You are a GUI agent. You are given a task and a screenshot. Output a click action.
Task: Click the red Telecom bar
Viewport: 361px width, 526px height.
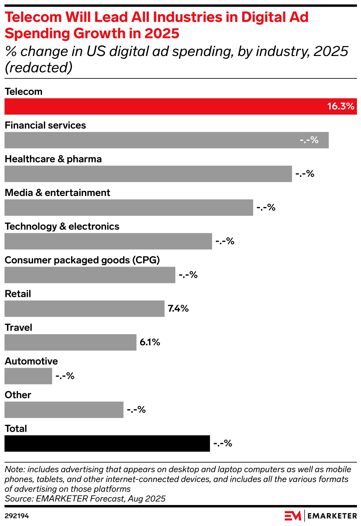(166, 106)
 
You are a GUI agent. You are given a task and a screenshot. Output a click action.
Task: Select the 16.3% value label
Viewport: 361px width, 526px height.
(340, 106)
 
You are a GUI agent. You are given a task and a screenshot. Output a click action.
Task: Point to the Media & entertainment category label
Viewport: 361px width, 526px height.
(57, 193)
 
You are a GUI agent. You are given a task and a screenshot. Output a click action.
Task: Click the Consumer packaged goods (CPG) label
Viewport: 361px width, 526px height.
(82, 260)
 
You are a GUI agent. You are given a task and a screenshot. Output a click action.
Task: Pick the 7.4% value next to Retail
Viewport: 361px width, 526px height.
(178, 309)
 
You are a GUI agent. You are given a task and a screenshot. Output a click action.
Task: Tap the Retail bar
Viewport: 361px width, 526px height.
(84, 309)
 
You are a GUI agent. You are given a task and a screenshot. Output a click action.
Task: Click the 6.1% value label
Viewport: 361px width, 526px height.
(150, 342)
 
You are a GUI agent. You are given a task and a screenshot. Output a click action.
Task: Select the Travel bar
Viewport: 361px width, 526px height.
(70, 342)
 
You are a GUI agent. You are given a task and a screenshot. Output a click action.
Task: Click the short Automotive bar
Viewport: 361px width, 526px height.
(28, 376)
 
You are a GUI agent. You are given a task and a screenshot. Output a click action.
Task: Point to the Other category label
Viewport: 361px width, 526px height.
(18, 395)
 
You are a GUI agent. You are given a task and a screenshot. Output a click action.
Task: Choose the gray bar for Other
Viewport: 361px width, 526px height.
(64, 410)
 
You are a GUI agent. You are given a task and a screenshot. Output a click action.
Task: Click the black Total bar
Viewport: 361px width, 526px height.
(107, 443)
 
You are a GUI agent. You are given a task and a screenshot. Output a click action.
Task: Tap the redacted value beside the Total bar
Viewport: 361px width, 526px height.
(223, 443)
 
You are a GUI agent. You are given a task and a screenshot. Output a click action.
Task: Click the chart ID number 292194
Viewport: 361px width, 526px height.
(17, 516)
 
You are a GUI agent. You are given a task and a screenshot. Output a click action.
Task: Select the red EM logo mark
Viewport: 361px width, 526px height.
(293, 516)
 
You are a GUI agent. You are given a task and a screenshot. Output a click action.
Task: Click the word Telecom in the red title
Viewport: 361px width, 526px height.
(33, 17)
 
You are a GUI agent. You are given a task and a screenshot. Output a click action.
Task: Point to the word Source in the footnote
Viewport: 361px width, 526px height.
(18, 499)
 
